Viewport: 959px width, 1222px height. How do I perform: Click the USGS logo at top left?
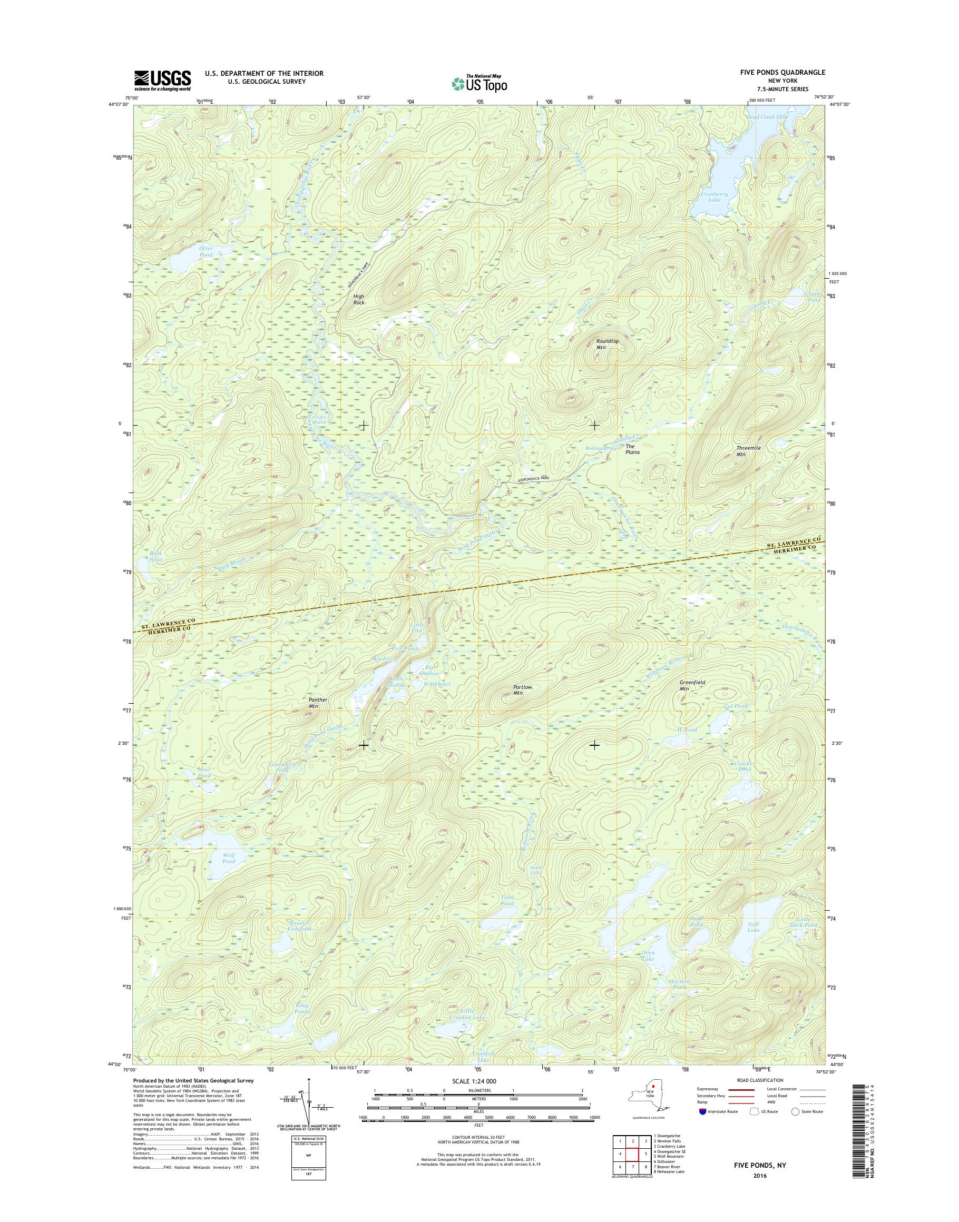(162, 81)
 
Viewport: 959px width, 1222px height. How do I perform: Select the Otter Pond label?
(205, 251)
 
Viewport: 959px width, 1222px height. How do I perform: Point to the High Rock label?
(358, 299)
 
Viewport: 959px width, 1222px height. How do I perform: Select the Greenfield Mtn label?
(692, 685)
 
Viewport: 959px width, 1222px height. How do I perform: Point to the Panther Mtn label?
(317, 703)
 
